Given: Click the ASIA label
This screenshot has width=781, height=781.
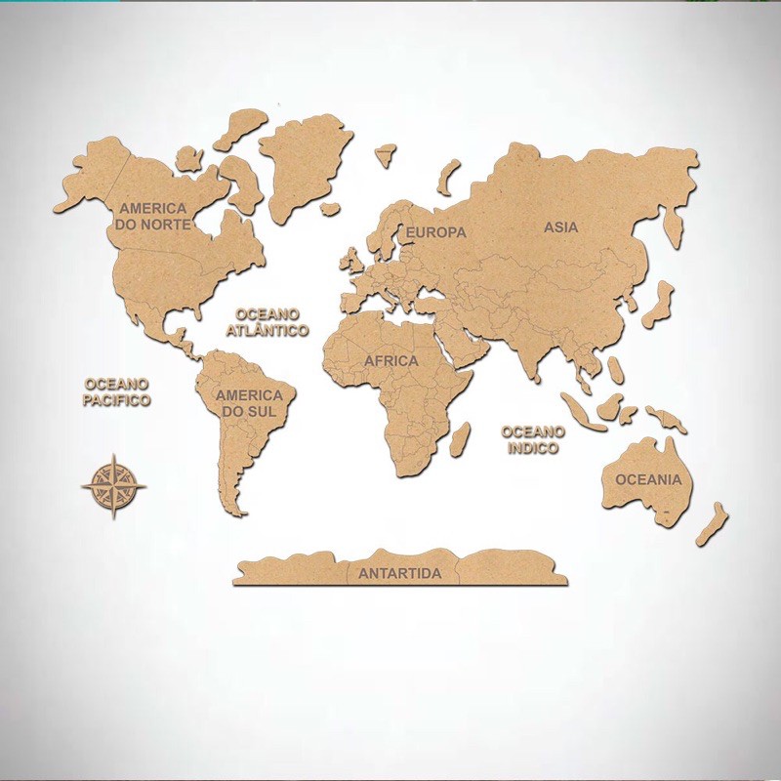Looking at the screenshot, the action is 561,227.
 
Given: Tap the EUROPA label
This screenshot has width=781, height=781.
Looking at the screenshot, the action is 436,232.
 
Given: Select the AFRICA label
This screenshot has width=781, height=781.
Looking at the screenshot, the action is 390,361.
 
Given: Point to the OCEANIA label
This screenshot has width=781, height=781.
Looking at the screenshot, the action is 647,479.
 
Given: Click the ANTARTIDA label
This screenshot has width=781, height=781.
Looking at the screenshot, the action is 399,573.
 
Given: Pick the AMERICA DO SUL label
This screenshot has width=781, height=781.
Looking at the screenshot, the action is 249,403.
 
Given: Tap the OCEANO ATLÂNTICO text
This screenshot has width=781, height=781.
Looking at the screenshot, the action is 267,322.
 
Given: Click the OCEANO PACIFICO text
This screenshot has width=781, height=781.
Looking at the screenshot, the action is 116,392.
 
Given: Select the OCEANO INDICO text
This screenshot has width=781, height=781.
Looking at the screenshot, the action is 532,439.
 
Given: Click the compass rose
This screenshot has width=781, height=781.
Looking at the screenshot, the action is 114,484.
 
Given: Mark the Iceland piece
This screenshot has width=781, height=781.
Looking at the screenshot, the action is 387,153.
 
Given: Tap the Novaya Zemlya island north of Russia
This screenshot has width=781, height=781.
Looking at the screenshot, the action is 449,178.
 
